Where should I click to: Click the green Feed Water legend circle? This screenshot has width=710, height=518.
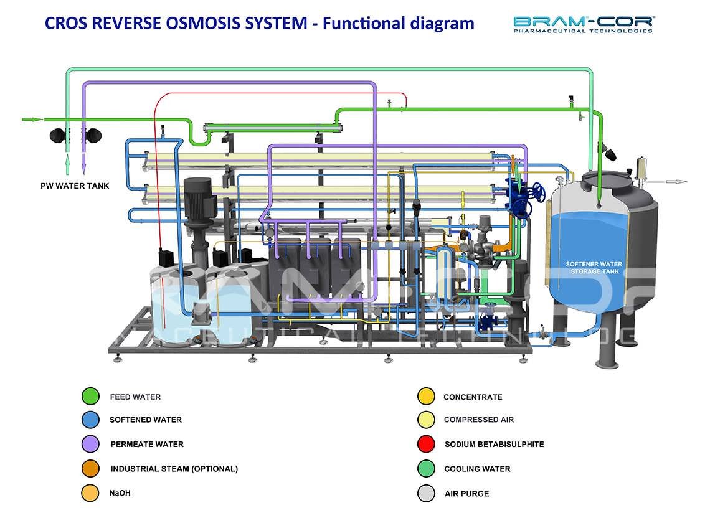[90, 396]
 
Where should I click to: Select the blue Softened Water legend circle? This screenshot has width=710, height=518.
[90, 420]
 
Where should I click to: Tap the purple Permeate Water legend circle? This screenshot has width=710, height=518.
[90, 444]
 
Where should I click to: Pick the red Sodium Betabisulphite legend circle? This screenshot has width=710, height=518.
[426, 444]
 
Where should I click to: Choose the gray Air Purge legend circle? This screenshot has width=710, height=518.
[426, 493]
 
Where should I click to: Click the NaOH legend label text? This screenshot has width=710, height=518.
[120, 493]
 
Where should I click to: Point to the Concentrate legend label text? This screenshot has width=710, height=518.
[473, 397]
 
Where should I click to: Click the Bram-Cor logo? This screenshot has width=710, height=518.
[583, 24]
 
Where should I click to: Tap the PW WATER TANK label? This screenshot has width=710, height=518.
[75, 186]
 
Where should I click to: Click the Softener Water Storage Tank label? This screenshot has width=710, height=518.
[594, 268]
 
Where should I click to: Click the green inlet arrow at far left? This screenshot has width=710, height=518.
[32, 120]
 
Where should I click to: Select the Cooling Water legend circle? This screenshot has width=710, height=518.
[426, 469]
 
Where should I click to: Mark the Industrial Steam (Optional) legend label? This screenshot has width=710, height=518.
[174, 469]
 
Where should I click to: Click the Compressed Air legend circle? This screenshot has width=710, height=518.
[426, 420]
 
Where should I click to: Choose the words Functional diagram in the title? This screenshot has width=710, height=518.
[399, 23]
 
